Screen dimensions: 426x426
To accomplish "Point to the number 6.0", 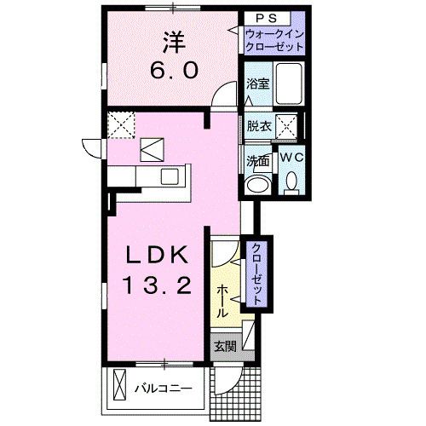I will pos(174,71).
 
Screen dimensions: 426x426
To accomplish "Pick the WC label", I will pos(290,158).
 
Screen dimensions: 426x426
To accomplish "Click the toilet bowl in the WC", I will pos(291,181).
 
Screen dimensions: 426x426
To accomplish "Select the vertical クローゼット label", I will pos(254,273).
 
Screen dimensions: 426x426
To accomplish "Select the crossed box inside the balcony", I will pos(119,389).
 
